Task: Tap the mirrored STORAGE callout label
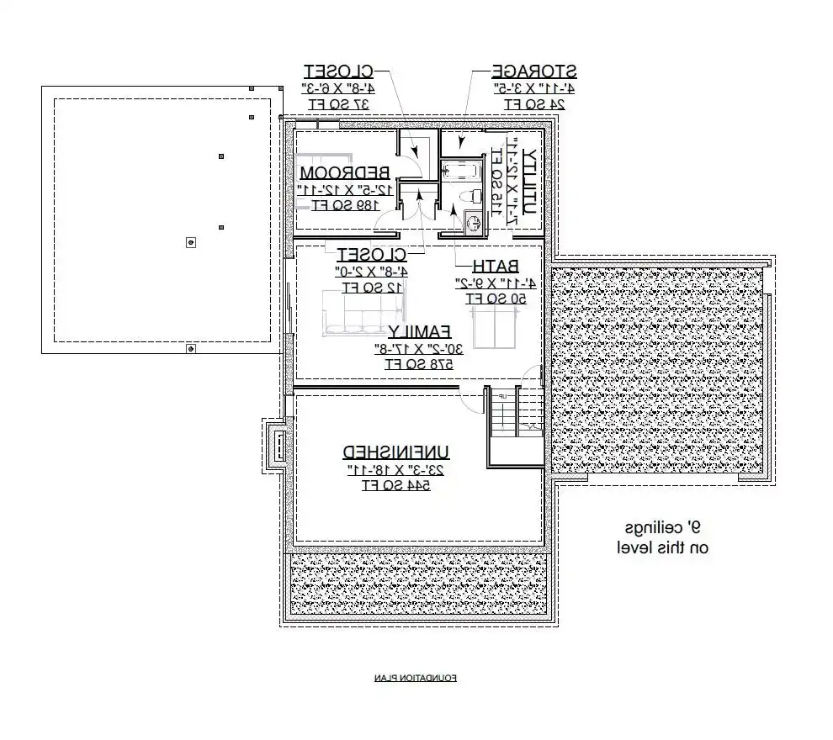(533, 71)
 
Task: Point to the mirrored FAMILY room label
(419, 330)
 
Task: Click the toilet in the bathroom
(474, 195)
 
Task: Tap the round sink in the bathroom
(472, 224)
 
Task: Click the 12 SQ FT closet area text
(372, 288)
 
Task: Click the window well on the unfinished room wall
(275, 446)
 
